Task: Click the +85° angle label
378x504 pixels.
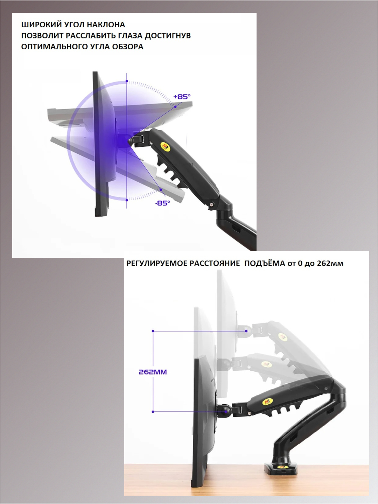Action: [x=182, y=97]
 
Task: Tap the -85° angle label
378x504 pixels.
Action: [x=162, y=203]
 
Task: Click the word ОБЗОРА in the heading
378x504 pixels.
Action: [x=128, y=47]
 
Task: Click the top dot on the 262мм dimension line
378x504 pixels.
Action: [x=153, y=331]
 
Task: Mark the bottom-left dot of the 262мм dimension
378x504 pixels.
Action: [x=153, y=412]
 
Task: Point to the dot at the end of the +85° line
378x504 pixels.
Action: [x=175, y=107]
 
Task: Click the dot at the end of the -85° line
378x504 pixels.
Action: [x=161, y=190]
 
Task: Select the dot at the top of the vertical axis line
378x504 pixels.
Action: [x=127, y=81]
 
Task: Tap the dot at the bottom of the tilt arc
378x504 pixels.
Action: [x=127, y=200]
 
